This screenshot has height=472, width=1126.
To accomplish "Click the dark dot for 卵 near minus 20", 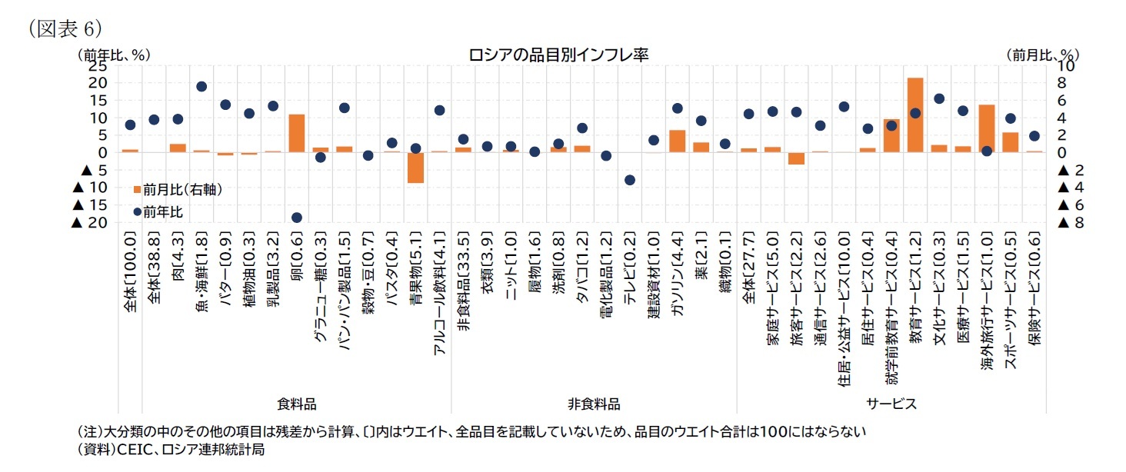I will [296, 218].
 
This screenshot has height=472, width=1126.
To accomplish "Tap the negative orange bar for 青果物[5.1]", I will [415, 168].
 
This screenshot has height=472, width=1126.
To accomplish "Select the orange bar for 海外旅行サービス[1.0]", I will [987, 128].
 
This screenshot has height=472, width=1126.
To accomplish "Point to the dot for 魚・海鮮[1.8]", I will [202, 87].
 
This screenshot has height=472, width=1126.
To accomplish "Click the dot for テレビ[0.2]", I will [630, 180].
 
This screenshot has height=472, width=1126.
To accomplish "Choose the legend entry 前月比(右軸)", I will [177, 190].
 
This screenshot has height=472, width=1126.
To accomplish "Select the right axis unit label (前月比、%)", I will [1042, 55].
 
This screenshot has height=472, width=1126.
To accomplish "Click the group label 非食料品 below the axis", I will [594, 404].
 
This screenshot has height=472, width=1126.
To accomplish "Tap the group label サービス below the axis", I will [891, 404].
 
